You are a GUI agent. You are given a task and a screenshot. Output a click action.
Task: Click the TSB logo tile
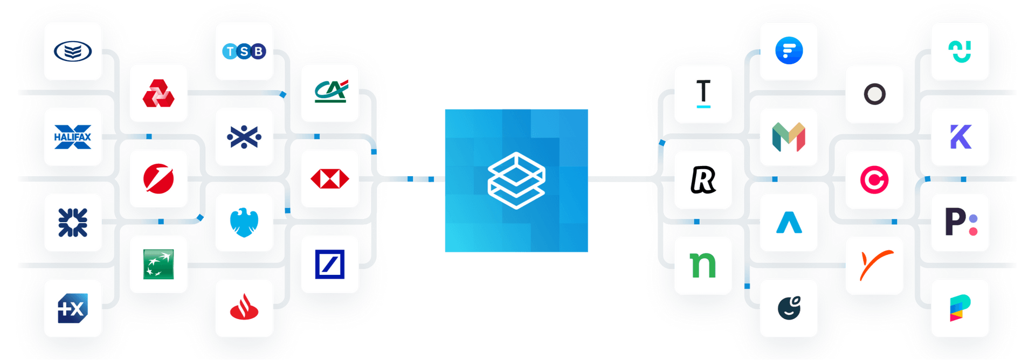244,51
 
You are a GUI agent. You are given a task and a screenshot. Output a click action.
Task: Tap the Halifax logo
73,137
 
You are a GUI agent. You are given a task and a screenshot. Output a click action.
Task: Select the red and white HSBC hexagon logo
330,179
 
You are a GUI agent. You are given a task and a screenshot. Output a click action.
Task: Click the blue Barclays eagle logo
244,223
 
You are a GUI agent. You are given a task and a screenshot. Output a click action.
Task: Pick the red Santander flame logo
244,308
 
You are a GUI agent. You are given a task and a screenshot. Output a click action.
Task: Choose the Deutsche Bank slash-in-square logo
330,264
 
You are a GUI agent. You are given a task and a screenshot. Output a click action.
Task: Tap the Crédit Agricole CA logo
330,93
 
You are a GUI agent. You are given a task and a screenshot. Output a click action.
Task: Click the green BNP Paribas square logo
158,264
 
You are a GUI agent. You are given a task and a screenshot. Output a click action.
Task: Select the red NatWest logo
158,93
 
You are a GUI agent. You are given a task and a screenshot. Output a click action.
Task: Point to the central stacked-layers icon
516,181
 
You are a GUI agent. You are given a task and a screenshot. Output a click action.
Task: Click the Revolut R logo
703,179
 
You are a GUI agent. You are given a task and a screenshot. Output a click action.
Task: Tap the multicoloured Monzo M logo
789,137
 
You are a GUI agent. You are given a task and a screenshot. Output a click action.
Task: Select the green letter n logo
703,265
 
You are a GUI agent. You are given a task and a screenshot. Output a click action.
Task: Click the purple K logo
960,137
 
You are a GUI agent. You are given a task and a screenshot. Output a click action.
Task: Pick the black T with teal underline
703,94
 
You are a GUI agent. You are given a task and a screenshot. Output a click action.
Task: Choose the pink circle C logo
874,179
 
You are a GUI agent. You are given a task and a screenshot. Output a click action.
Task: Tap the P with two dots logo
960,223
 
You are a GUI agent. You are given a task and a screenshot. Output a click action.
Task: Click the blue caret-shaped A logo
789,223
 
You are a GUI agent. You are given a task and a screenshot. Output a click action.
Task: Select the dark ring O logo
874,94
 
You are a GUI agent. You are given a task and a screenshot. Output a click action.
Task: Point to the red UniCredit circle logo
158,179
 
